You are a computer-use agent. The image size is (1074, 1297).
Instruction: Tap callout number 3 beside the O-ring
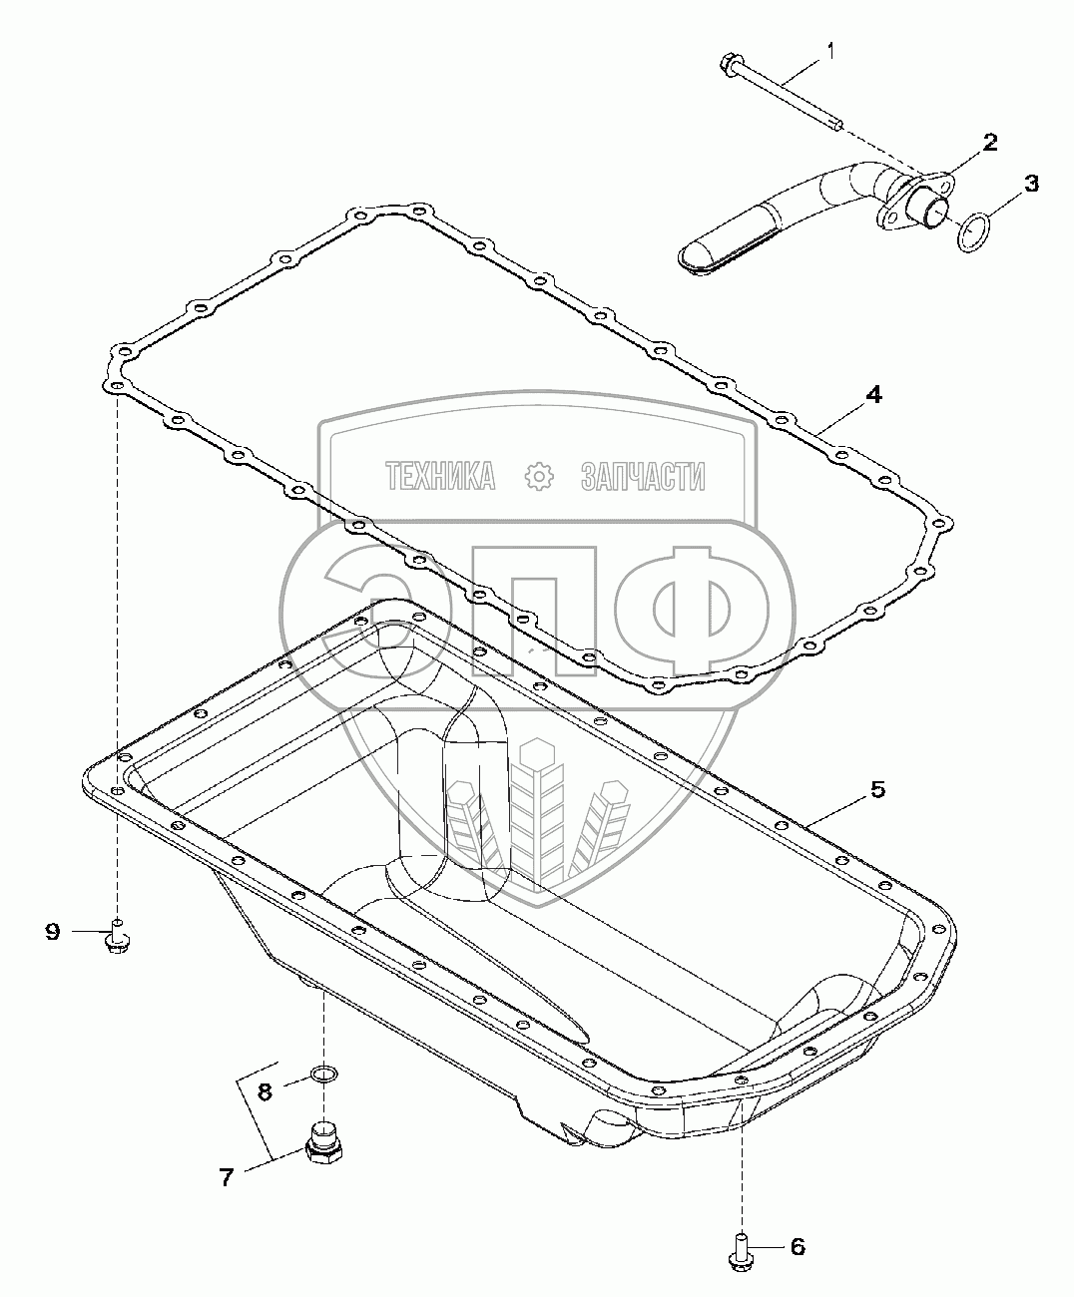(x=1031, y=184)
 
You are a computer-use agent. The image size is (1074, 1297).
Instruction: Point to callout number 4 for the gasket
(x=873, y=394)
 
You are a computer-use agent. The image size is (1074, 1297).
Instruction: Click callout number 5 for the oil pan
(x=877, y=790)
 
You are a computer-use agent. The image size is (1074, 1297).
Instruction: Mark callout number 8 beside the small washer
(x=265, y=1091)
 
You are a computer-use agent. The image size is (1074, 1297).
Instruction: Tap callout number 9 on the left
(x=53, y=949)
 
